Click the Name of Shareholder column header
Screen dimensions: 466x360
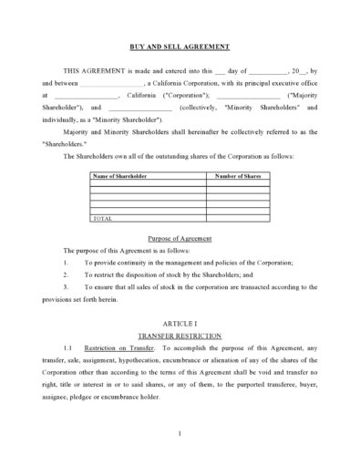click(120, 174)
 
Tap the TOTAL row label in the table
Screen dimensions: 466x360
click(104, 219)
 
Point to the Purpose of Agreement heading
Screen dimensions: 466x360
click(180, 238)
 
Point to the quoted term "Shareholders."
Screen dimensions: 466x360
click(63, 143)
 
